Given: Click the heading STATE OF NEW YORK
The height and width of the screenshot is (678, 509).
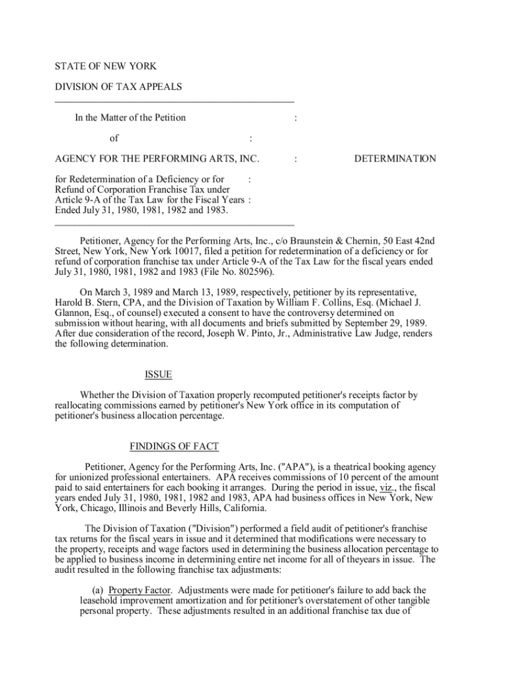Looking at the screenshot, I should click(x=106, y=66).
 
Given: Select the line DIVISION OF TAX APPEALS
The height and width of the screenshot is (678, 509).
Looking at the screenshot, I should click(x=118, y=87).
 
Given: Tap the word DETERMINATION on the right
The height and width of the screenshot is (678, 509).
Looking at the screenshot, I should click(x=395, y=159).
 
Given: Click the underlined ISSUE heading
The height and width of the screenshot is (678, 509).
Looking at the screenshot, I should click(x=158, y=375).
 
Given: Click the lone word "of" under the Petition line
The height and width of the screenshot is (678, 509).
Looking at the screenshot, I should click(x=114, y=138).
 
